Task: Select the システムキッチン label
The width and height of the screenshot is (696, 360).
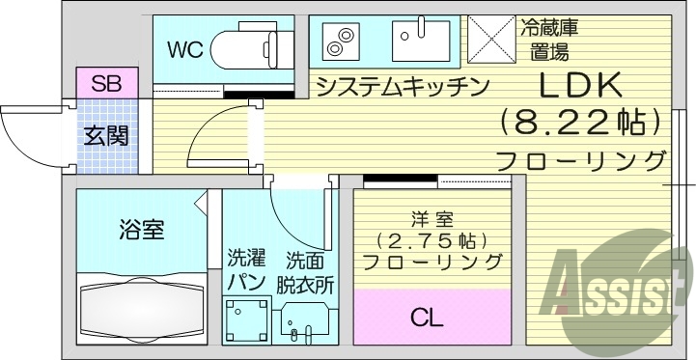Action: (x=402, y=86)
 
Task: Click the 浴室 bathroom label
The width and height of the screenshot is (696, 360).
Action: (x=141, y=230)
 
